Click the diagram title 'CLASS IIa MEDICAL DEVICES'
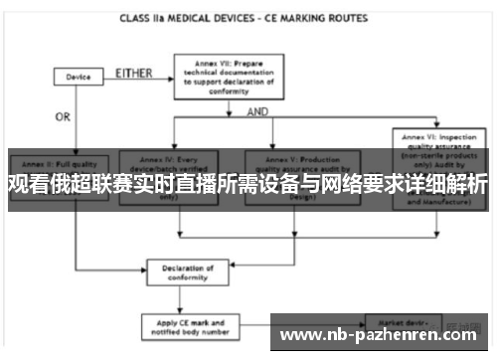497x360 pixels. point(184,18)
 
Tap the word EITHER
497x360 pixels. point(134,73)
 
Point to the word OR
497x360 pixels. point(63,116)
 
